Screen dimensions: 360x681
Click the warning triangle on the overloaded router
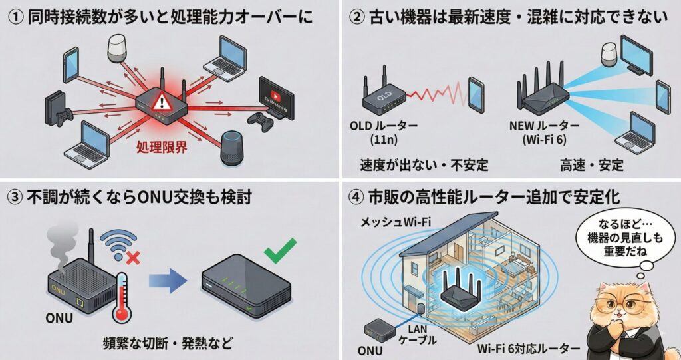162,102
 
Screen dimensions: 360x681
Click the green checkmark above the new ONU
280,254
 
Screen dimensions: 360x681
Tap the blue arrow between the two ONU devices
167,283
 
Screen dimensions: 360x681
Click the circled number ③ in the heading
15,198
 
